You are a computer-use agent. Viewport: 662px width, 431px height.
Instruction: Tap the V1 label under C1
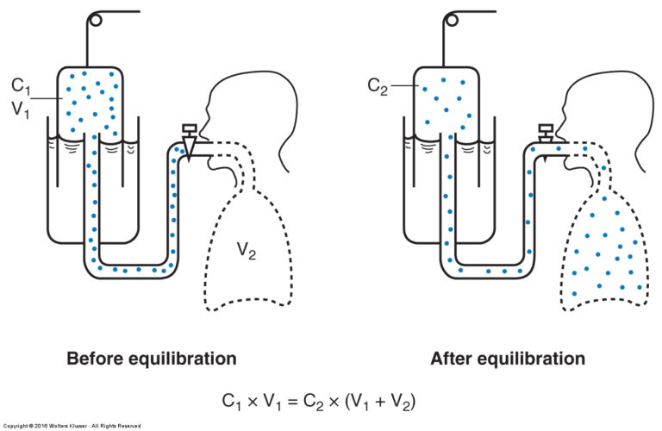tap(21, 109)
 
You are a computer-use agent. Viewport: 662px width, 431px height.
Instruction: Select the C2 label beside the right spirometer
tap(378, 87)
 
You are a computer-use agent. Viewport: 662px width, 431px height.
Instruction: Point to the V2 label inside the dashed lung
tap(247, 250)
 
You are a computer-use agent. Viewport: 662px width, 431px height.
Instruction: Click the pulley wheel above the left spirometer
tap(96, 20)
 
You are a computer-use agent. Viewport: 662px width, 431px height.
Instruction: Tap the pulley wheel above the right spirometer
tap(453, 20)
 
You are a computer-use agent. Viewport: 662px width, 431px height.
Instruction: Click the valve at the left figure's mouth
tap(188, 141)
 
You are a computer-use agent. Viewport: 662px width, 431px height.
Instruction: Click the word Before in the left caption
tap(94, 359)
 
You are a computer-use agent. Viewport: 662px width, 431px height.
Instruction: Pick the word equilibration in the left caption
tap(182, 359)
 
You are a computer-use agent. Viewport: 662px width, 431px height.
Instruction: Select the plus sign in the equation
tap(380, 402)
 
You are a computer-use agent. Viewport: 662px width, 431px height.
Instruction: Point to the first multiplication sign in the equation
tap(252, 402)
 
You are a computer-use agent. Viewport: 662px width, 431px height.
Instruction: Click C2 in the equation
tap(314, 402)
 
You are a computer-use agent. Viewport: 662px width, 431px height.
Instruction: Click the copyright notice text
tap(72, 426)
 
